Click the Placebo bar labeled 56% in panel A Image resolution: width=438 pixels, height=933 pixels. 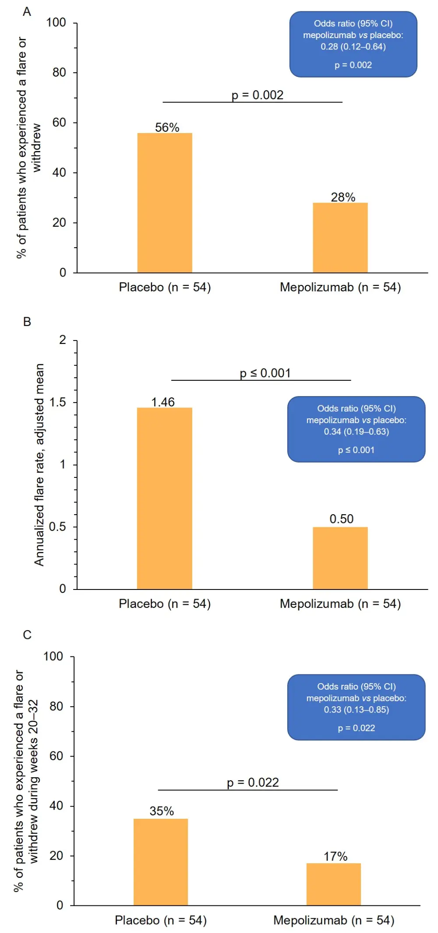tap(165, 203)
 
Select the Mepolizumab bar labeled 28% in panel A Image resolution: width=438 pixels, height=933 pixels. tap(340, 238)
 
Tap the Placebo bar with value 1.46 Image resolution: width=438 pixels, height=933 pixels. tap(165, 498)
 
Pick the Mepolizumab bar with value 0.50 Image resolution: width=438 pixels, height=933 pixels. tap(340, 558)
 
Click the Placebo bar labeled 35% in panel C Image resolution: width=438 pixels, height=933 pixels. tap(161, 862)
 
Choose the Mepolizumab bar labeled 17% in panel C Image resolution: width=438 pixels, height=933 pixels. tap(333, 884)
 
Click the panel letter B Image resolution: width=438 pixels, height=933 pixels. tap(27, 322)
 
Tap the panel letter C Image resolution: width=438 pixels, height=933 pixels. tap(27, 635)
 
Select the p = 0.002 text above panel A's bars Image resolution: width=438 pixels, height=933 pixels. tap(258, 95)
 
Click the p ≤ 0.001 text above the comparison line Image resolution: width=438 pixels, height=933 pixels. tap(265, 373)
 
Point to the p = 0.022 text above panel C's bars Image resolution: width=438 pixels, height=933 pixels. tap(253, 782)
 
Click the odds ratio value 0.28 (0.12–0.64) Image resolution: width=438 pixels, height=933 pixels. tap(353, 47)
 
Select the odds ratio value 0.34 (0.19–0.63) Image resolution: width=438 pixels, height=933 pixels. tap(356, 432)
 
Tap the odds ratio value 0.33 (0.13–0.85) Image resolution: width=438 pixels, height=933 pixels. tap(356, 710)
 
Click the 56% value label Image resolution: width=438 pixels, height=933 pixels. tap(167, 127)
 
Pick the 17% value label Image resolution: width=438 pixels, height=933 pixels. tap(336, 856)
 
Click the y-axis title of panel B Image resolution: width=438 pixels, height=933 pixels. tap(39, 465)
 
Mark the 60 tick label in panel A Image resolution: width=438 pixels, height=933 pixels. tap(59, 123)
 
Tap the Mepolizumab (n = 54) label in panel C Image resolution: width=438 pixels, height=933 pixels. tap(334, 920)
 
